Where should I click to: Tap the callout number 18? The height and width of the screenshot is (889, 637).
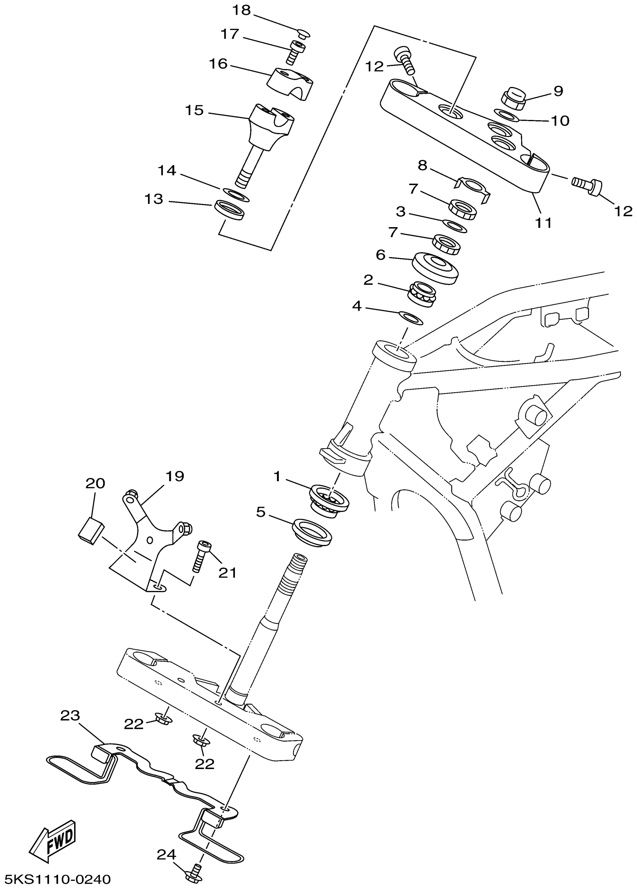pyautogui.click(x=241, y=10)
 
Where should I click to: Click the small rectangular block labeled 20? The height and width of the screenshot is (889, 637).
pyautogui.click(x=91, y=530)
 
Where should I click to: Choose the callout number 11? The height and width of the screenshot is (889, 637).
pyautogui.click(x=543, y=223)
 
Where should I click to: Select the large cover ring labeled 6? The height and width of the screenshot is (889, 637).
pyautogui.click(x=435, y=268)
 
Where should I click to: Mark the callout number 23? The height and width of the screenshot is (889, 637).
pyautogui.click(x=70, y=716)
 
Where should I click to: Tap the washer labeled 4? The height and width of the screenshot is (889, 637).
pyautogui.click(x=410, y=318)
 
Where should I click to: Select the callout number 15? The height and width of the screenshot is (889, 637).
pyautogui.click(x=194, y=110)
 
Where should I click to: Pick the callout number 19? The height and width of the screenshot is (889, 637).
pyautogui.click(x=175, y=476)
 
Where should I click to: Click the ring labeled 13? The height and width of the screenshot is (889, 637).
pyautogui.click(x=230, y=210)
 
